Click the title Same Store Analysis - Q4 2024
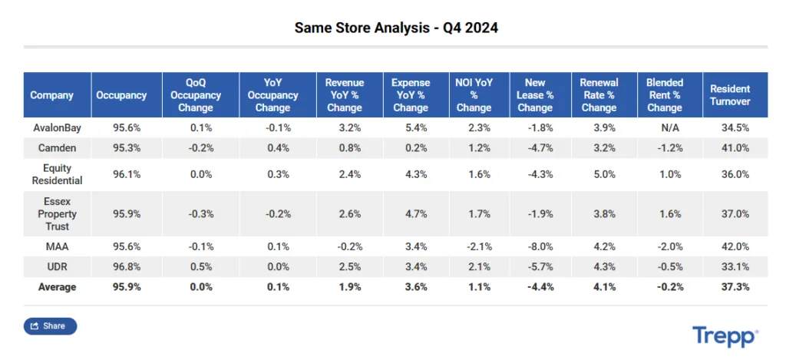click(x=396, y=28)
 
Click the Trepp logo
click(x=725, y=336)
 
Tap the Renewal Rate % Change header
click(x=599, y=95)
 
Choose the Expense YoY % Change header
click(x=411, y=95)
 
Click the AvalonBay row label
click(x=52, y=127)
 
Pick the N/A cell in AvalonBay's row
click(x=664, y=127)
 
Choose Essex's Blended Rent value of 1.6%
click(x=664, y=214)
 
